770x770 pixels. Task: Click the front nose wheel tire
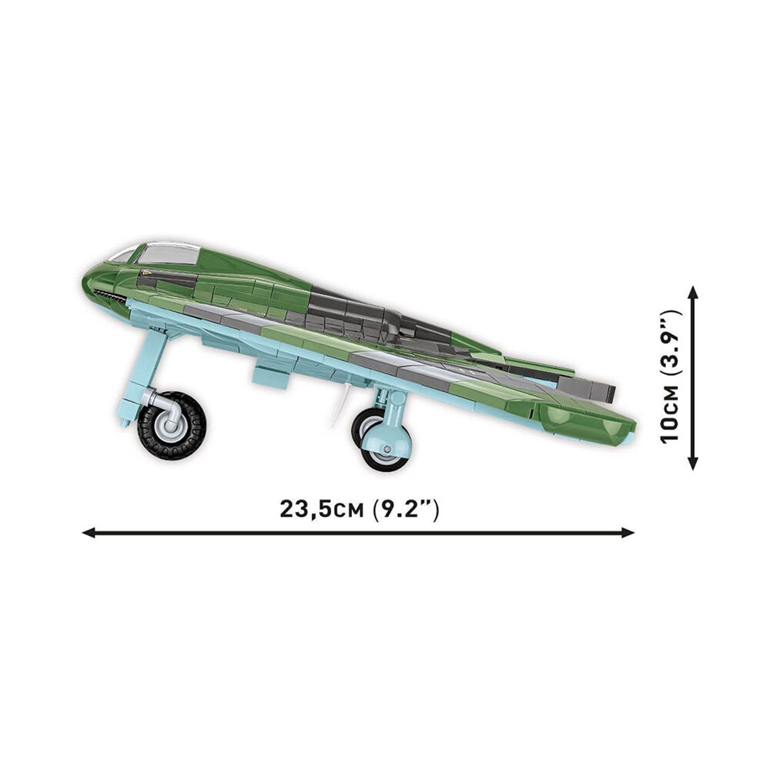coord(172,425)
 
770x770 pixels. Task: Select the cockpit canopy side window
coord(166,255)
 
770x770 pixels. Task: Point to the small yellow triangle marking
coord(145,273)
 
